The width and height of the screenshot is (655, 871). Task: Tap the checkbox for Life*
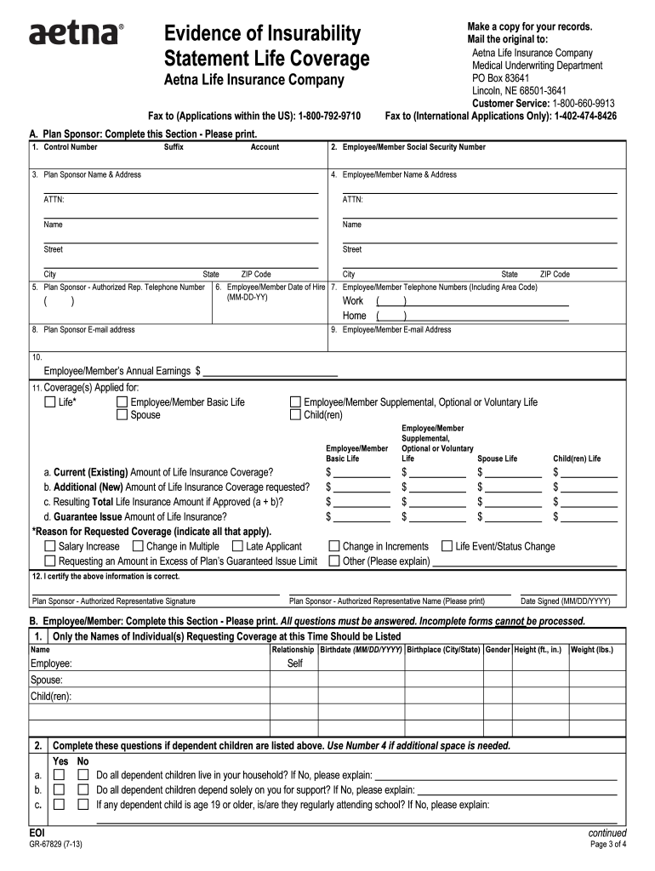coord(50,402)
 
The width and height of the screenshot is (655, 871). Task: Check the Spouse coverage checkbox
coord(122,415)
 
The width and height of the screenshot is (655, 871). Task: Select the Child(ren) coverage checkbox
coord(296,415)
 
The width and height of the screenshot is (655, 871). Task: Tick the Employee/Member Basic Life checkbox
coord(122,402)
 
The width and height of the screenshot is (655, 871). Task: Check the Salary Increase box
coord(50,546)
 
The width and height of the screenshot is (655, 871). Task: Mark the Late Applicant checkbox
coord(237,546)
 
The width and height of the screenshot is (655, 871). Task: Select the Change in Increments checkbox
coord(334,546)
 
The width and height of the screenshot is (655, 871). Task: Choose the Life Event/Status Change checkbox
coord(447,546)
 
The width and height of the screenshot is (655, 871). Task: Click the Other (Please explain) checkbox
coord(334,561)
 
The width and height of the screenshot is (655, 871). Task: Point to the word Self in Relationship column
coord(294,663)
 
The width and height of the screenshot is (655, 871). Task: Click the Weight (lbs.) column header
coord(592,649)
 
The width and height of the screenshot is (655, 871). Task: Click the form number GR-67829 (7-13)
coord(55,845)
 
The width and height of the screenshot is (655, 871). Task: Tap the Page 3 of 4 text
coord(607,845)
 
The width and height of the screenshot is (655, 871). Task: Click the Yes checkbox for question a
coord(59,776)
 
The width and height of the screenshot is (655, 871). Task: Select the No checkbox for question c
coord(83,804)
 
